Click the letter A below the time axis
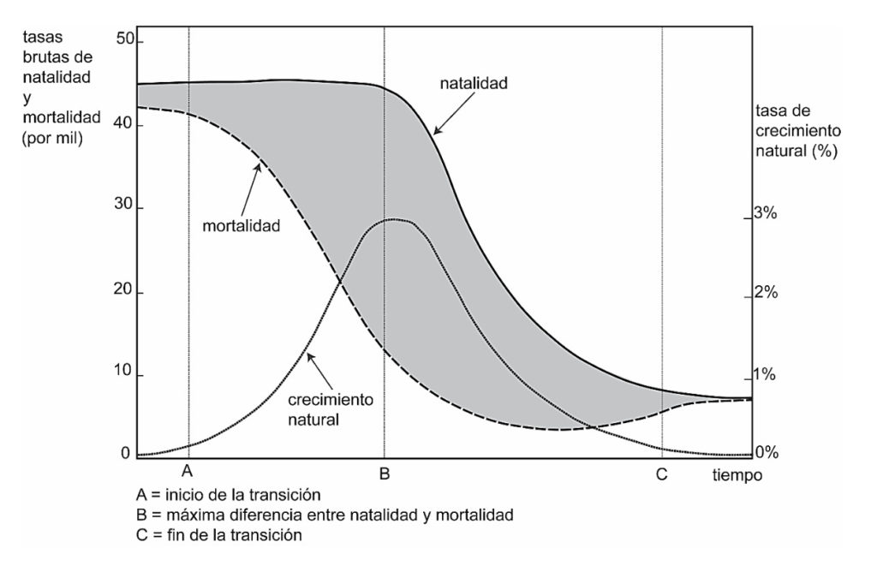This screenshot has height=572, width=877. tap(188, 472)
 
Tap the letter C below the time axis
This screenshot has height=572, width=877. tap(661, 473)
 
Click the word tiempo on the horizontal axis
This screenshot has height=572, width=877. tap(734, 474)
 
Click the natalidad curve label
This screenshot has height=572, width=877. tap(474, 84)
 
